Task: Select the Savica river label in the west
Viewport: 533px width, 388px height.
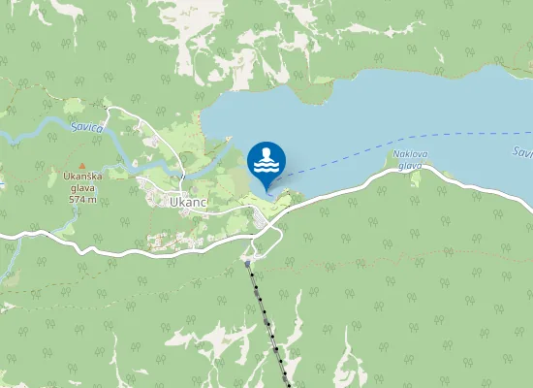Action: (86, 127)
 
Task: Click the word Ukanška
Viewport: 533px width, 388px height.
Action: (81, 177)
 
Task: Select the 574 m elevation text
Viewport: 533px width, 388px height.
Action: (82, 199)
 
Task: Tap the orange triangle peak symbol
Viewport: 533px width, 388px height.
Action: (82, 165)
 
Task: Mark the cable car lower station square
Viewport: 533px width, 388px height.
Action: (249, 262)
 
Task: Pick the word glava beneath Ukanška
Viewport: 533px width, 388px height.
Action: (81, 188)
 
